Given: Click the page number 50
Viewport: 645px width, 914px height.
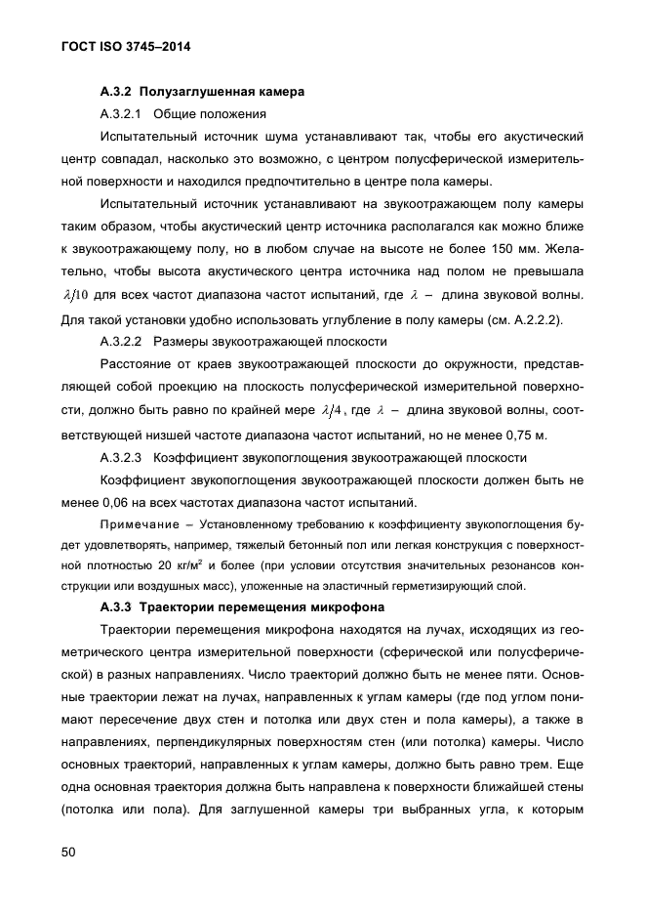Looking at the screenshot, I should point(68,852).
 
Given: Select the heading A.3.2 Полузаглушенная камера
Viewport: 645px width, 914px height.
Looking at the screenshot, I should point(202,92).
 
